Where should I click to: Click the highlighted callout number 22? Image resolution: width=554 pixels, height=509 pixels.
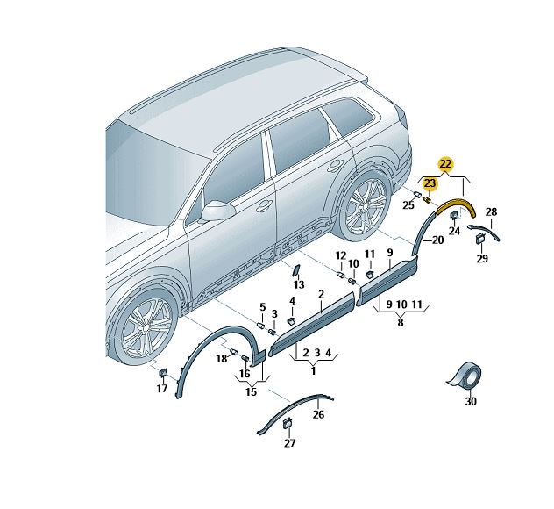[445, 164]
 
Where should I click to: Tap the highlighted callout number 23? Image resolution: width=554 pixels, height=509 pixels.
[430, 183]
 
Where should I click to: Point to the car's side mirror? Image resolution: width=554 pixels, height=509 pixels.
[217, 211]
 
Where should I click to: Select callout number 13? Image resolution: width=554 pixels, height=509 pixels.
[299, 284]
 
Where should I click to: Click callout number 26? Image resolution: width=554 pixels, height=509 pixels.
[318, 414]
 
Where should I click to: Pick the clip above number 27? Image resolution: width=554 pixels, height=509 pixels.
[288, 423]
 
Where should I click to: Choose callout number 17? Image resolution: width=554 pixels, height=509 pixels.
[162, 389]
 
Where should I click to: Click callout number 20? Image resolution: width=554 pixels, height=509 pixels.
[437, 240]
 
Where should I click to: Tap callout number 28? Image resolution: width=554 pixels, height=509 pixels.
[491, 211]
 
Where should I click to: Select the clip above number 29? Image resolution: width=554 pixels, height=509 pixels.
[480, 239]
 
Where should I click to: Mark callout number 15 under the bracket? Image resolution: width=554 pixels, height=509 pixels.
[252, 391]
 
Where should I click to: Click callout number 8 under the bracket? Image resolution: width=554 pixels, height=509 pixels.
[401, 322]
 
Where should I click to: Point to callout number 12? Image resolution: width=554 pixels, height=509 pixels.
[341, 255]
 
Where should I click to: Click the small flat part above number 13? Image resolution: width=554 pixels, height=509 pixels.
[295, 270]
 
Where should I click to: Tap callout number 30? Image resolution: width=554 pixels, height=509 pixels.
[471, 401]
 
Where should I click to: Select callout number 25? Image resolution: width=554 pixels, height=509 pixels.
[408, 204]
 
